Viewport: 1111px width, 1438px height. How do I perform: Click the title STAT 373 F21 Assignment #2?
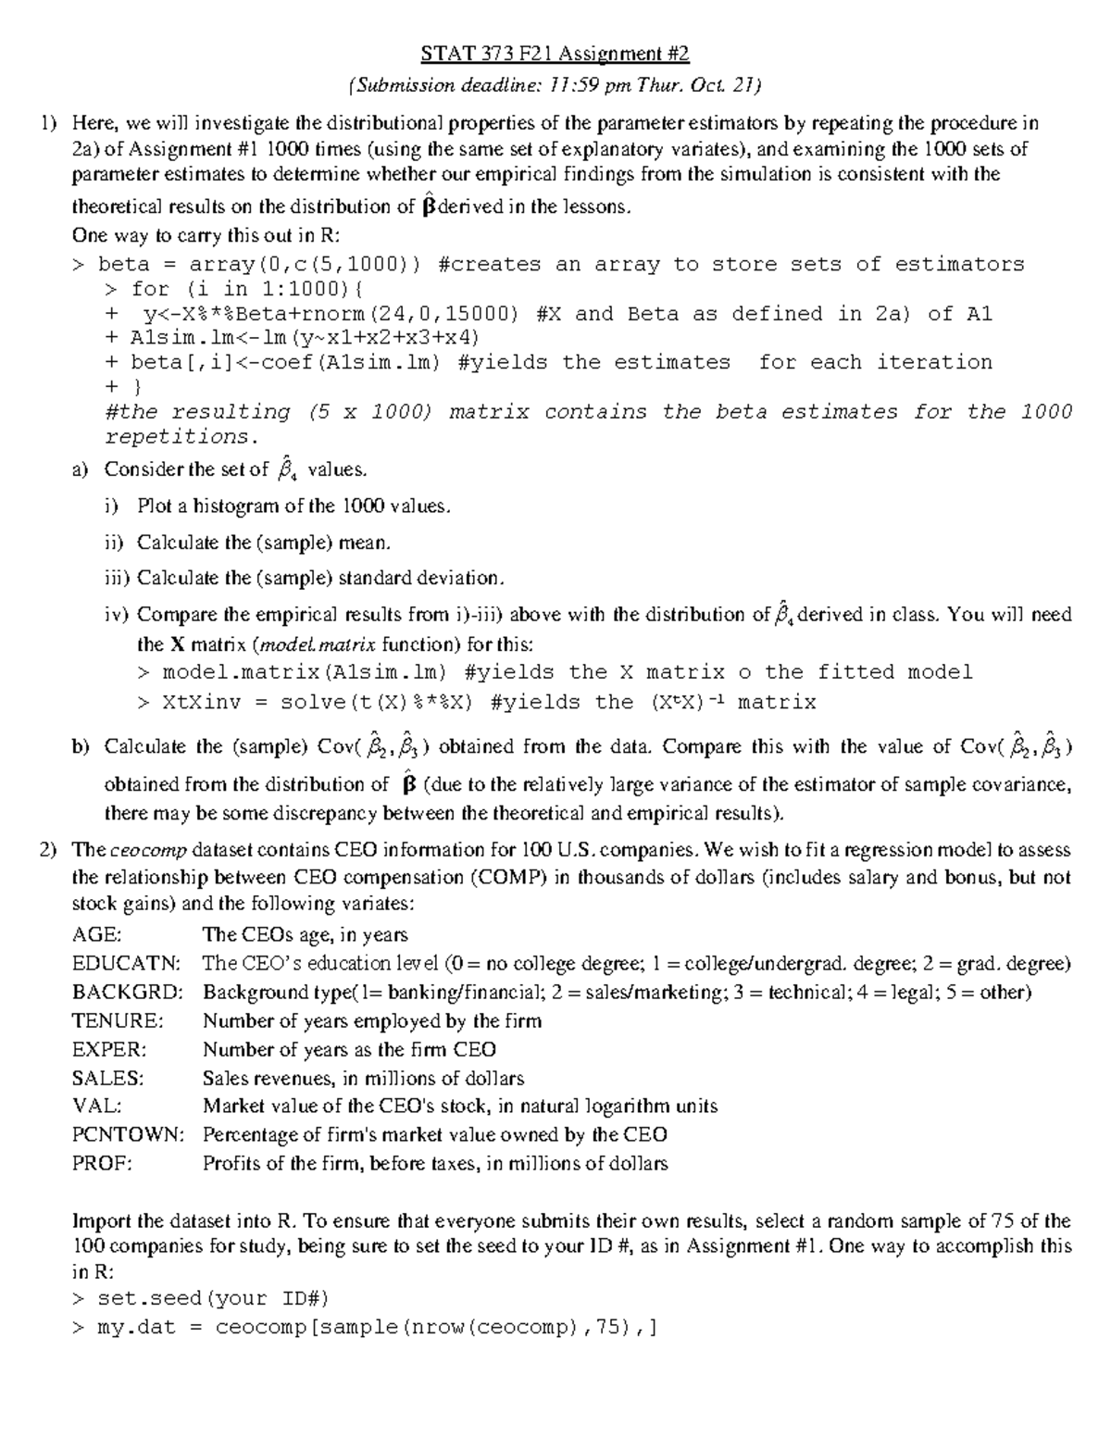[555, 55]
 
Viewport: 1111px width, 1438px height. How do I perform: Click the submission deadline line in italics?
[555, 86]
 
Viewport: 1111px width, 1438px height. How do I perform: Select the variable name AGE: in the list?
[96, 935]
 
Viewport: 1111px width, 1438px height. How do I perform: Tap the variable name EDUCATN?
[126, 964]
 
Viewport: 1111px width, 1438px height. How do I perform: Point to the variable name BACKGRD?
[127, 993]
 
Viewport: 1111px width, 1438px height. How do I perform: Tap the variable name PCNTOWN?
[128, 1135]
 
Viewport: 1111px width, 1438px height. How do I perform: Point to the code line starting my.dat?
[365, 1329]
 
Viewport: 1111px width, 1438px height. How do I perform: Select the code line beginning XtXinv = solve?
[477, 703]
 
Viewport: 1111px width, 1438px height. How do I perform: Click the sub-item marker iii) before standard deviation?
[118, 579]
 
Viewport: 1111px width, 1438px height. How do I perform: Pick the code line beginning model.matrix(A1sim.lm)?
[555, 672]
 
